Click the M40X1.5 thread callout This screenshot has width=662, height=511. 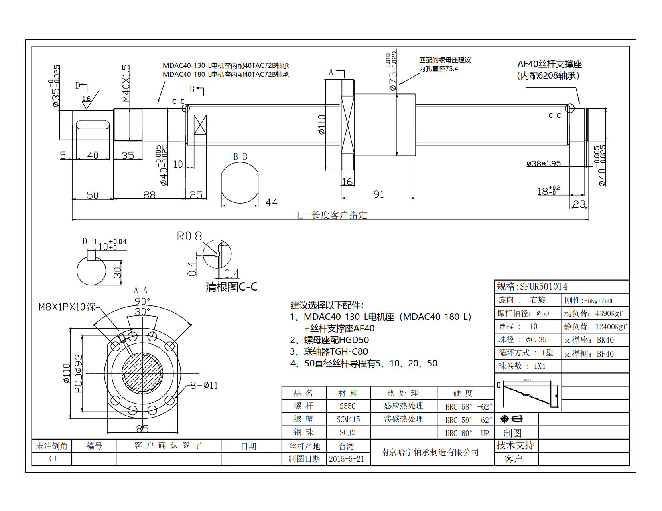tap(126, 83)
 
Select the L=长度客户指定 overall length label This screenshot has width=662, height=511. tap(332, 215)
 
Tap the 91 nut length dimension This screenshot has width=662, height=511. tap(378, 194)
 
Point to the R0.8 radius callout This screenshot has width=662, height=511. tap(189, 236)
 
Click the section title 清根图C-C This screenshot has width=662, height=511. tap(231, 287)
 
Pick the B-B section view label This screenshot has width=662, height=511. tap(240, 156)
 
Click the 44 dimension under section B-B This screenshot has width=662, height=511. tap(271, 202)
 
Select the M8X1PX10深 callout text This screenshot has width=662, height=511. tap(67, 307)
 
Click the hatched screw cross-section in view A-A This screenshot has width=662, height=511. tap(142, 373)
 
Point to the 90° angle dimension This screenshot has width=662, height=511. tap(142, 301)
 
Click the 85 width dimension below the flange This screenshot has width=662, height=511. tap(142, 429)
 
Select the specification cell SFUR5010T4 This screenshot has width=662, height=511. tap(543, 287)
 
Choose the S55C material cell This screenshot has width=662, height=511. tap(347, 406)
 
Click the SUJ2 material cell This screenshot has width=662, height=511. tap(347, 433)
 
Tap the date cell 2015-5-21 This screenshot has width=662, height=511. tap(347, 459)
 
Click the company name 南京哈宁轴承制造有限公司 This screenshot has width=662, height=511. tap(430, 452)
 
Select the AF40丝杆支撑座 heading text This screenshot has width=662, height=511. tap(549, 64)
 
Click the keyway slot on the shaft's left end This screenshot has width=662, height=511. tap(93, 125)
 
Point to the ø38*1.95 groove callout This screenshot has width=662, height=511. tap(544, 164)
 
